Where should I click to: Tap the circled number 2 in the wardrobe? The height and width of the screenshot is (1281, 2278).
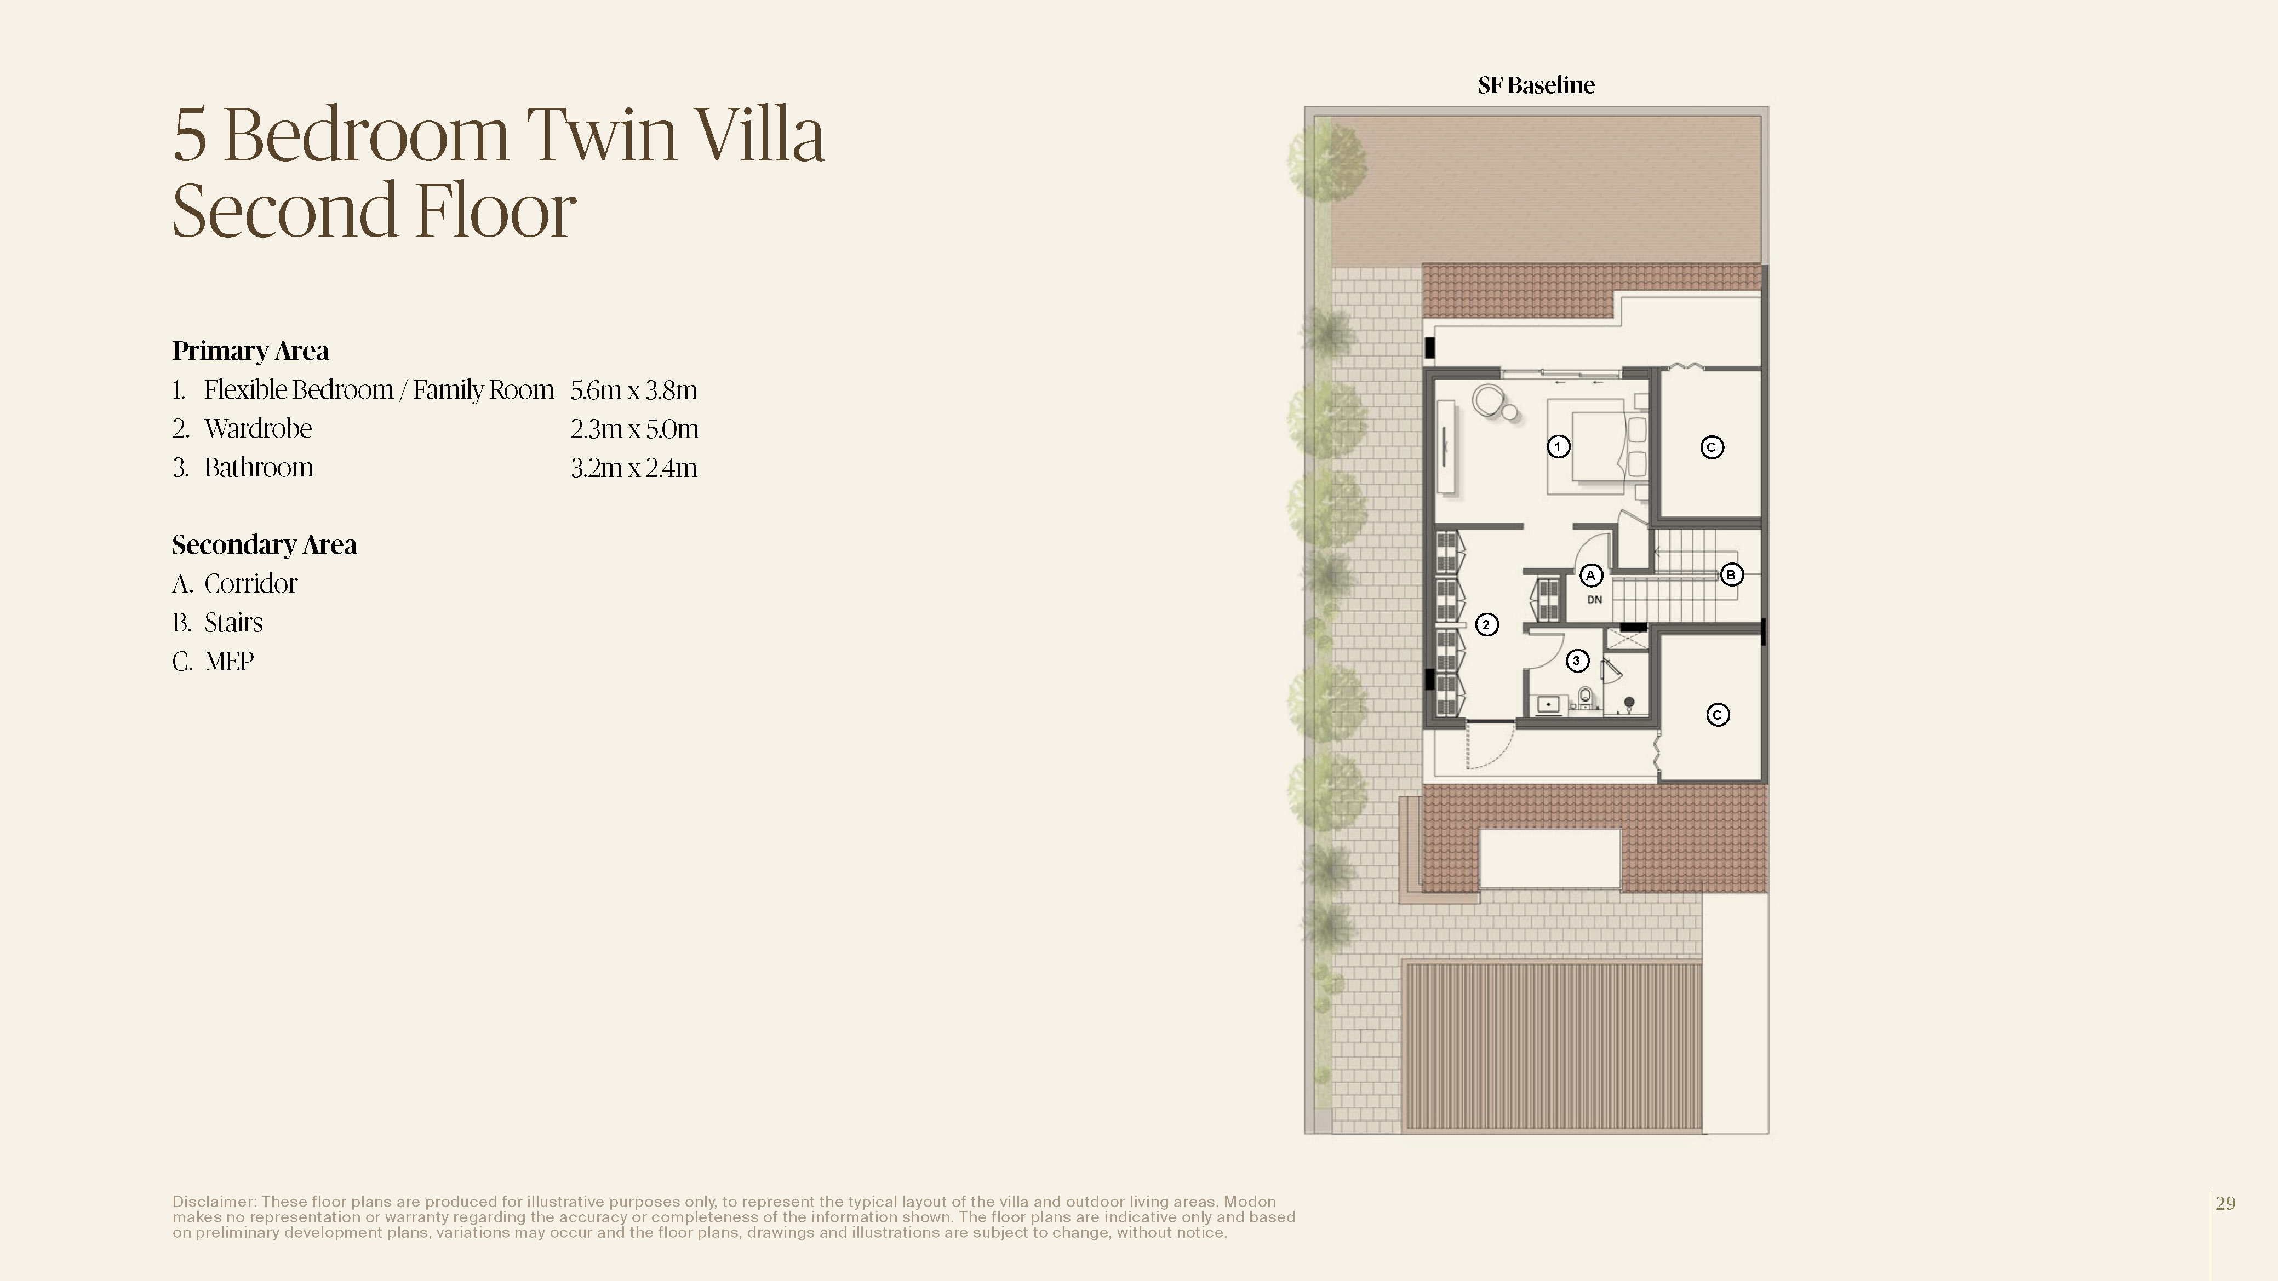pos(1486,625)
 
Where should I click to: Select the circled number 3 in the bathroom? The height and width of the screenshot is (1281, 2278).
pos(1577,660)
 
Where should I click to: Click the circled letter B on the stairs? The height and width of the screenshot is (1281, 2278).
pos(1731,575)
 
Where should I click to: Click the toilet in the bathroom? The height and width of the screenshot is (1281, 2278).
pos(1586,698)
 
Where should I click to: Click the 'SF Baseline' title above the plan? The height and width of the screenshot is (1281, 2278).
pos(1536,85)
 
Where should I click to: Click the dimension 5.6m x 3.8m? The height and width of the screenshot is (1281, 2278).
pos(634,390)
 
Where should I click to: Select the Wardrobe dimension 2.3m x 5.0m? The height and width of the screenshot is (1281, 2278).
pos(634,429)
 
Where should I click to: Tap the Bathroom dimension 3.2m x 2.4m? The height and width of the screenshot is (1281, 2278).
pos(634,468)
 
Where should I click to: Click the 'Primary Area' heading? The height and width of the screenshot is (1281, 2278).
pos(250,351)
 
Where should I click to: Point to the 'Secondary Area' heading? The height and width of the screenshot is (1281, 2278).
pos(265,544)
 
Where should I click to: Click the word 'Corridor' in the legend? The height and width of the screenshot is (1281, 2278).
pos(251,583)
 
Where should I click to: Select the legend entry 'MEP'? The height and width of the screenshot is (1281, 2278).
pos(229,661)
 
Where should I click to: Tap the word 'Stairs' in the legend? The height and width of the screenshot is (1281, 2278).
pos(233,622)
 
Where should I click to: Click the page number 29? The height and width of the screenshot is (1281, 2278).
pos(2226,1203)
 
